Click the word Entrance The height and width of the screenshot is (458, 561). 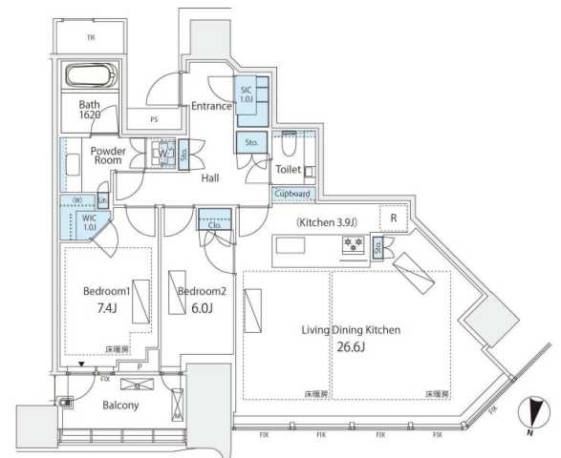pos(211,106)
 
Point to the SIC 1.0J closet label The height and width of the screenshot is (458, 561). pos(247,94)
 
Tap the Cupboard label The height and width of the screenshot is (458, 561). pos(291,193)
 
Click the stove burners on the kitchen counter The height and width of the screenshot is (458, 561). pos(350,245)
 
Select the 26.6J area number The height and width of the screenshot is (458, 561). pos(356,347)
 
